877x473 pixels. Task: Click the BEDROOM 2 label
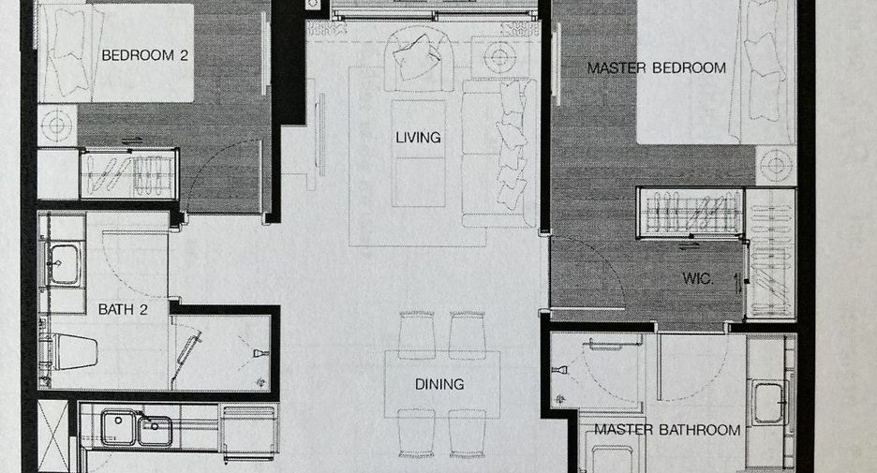[x=144, y=55]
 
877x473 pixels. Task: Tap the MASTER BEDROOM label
[x=657, y=68]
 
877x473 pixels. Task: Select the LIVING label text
[x=418, y=138]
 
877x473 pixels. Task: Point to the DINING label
[x=439, y=384]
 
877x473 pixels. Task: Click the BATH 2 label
[x=123, y=309]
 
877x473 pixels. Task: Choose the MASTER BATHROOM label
[x=667, y=430]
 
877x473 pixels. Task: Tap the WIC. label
[x=697, y=278]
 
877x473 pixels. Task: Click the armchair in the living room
[x=419, y=60]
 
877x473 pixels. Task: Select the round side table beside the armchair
[x=498, y=56]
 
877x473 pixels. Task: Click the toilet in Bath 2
[x=71, y=351]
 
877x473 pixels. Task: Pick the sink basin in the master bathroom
[x=769, y=402]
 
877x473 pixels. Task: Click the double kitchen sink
[x=137, y=428]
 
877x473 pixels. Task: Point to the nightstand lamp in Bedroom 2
[x=56, y=126]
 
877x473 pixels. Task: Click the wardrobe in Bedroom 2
[x=129, y=174]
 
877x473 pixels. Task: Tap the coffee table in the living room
[x=419, y=154]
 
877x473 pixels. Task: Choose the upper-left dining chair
[x=417, y=334]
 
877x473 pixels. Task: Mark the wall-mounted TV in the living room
[x=320, y=131]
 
